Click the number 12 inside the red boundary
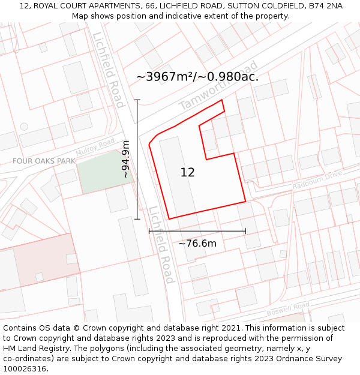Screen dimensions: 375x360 [x=187, y=172]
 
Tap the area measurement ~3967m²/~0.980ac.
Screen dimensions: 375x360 [x=197, y=77]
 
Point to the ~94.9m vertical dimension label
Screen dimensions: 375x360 [x=125, y=160]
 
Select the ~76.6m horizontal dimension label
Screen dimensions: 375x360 [x=197, y=243]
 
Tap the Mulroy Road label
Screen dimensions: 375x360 [x=95, y=146]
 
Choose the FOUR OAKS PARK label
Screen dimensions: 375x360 [x=44, y=161]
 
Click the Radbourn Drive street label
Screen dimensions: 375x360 [x=317, y=180]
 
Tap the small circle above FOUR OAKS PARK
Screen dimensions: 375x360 [x=24, y=127]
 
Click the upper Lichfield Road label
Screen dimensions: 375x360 [x=109, y=69]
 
